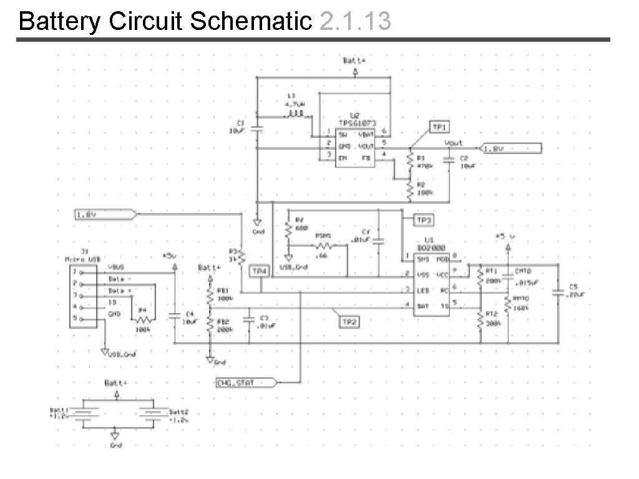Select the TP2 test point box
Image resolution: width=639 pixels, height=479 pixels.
tap(350, 322)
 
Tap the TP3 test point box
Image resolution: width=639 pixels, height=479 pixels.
tap(425, 220)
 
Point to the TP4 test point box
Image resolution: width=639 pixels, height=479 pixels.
tap(260, 271)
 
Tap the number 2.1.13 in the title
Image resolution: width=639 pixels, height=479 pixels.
tap(354, 21)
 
